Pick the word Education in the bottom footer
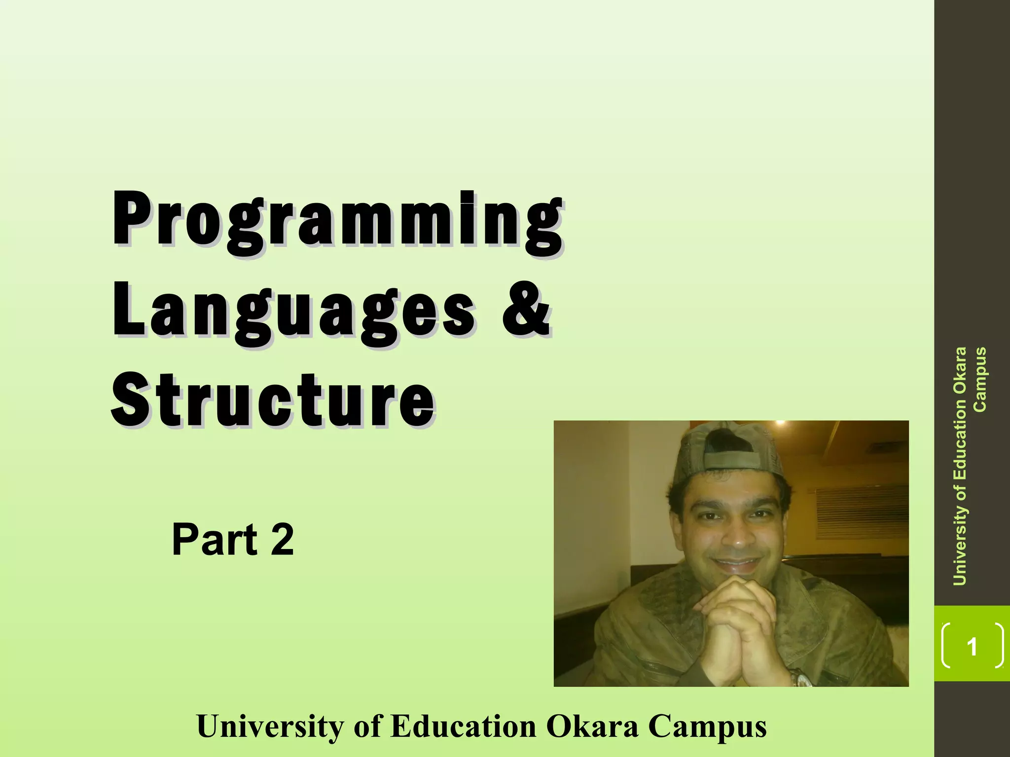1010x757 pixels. click(463, 726)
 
